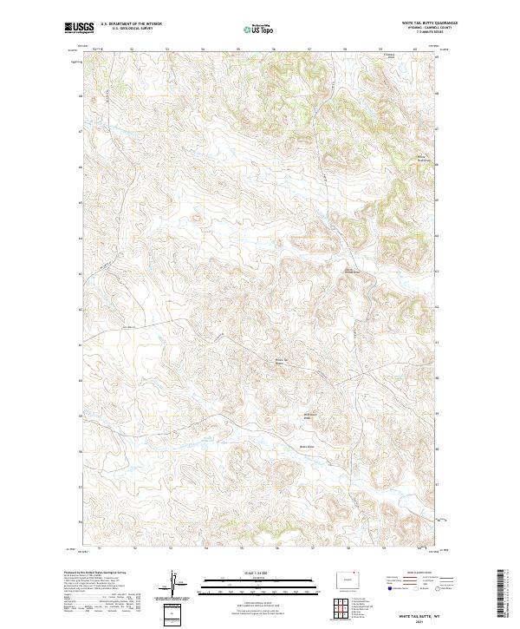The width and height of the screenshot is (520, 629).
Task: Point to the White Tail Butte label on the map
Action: [280, 361]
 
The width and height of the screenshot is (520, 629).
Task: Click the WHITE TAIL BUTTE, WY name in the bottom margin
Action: [419, 617]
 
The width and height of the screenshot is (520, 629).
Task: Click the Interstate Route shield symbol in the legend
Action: [390, 589]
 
